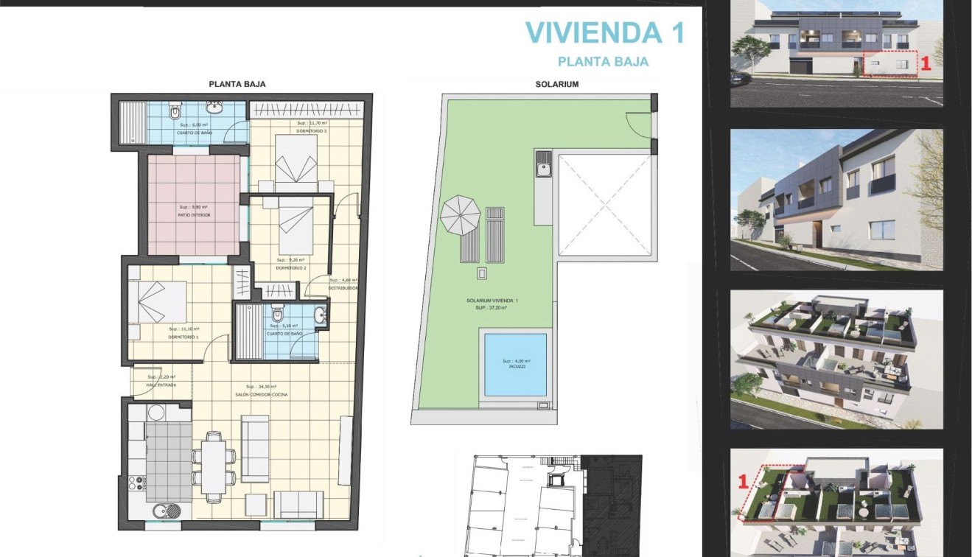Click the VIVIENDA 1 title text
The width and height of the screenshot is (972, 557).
(x=604, y=33)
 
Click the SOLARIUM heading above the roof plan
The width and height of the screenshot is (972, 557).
(x=556, y=84)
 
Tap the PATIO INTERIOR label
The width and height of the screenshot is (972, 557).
(x=195, y=215)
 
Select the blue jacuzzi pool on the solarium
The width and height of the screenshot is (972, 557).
(x=516, y=365)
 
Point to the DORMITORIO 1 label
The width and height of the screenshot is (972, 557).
(x=184, y=337)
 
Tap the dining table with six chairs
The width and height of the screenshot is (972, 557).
(x=215, y=466)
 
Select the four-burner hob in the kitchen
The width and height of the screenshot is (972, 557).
(x=137, y=483)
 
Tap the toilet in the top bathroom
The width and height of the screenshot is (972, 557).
(x=175, y=113)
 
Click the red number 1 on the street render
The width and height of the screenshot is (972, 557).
(x=926, y=64)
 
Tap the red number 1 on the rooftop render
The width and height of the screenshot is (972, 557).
(x=744, y=482)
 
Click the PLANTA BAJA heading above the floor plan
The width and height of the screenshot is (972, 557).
(x=237, y=84)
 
